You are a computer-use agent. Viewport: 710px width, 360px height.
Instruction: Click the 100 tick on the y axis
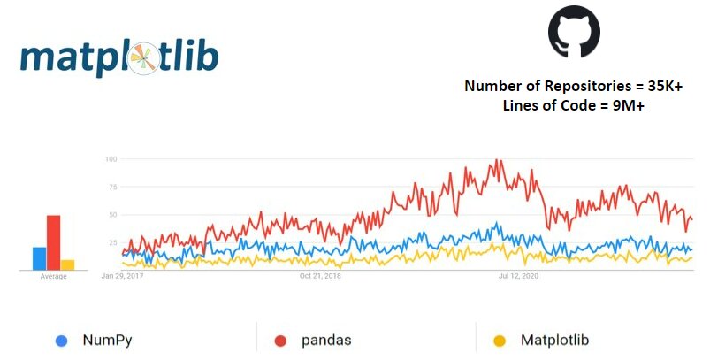(x=111, y=159)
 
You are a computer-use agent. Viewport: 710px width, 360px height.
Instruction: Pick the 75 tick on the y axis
(x=112, y=187)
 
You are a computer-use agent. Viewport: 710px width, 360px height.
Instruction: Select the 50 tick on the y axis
(x=112, y=214)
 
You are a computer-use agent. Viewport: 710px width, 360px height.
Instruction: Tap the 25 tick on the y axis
(x=112, y=241)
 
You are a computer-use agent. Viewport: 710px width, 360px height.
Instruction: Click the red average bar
(x=53, y=242)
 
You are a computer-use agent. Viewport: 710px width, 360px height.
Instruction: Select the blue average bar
(x=39, y=258)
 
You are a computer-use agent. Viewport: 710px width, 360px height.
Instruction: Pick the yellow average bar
(x=67, y=264)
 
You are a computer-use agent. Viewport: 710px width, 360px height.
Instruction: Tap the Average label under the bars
(x=53, y=277)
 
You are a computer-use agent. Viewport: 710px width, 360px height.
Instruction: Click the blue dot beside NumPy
(x=61, y=340)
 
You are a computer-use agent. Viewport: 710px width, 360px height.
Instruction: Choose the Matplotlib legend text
(x=554, y=340)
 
